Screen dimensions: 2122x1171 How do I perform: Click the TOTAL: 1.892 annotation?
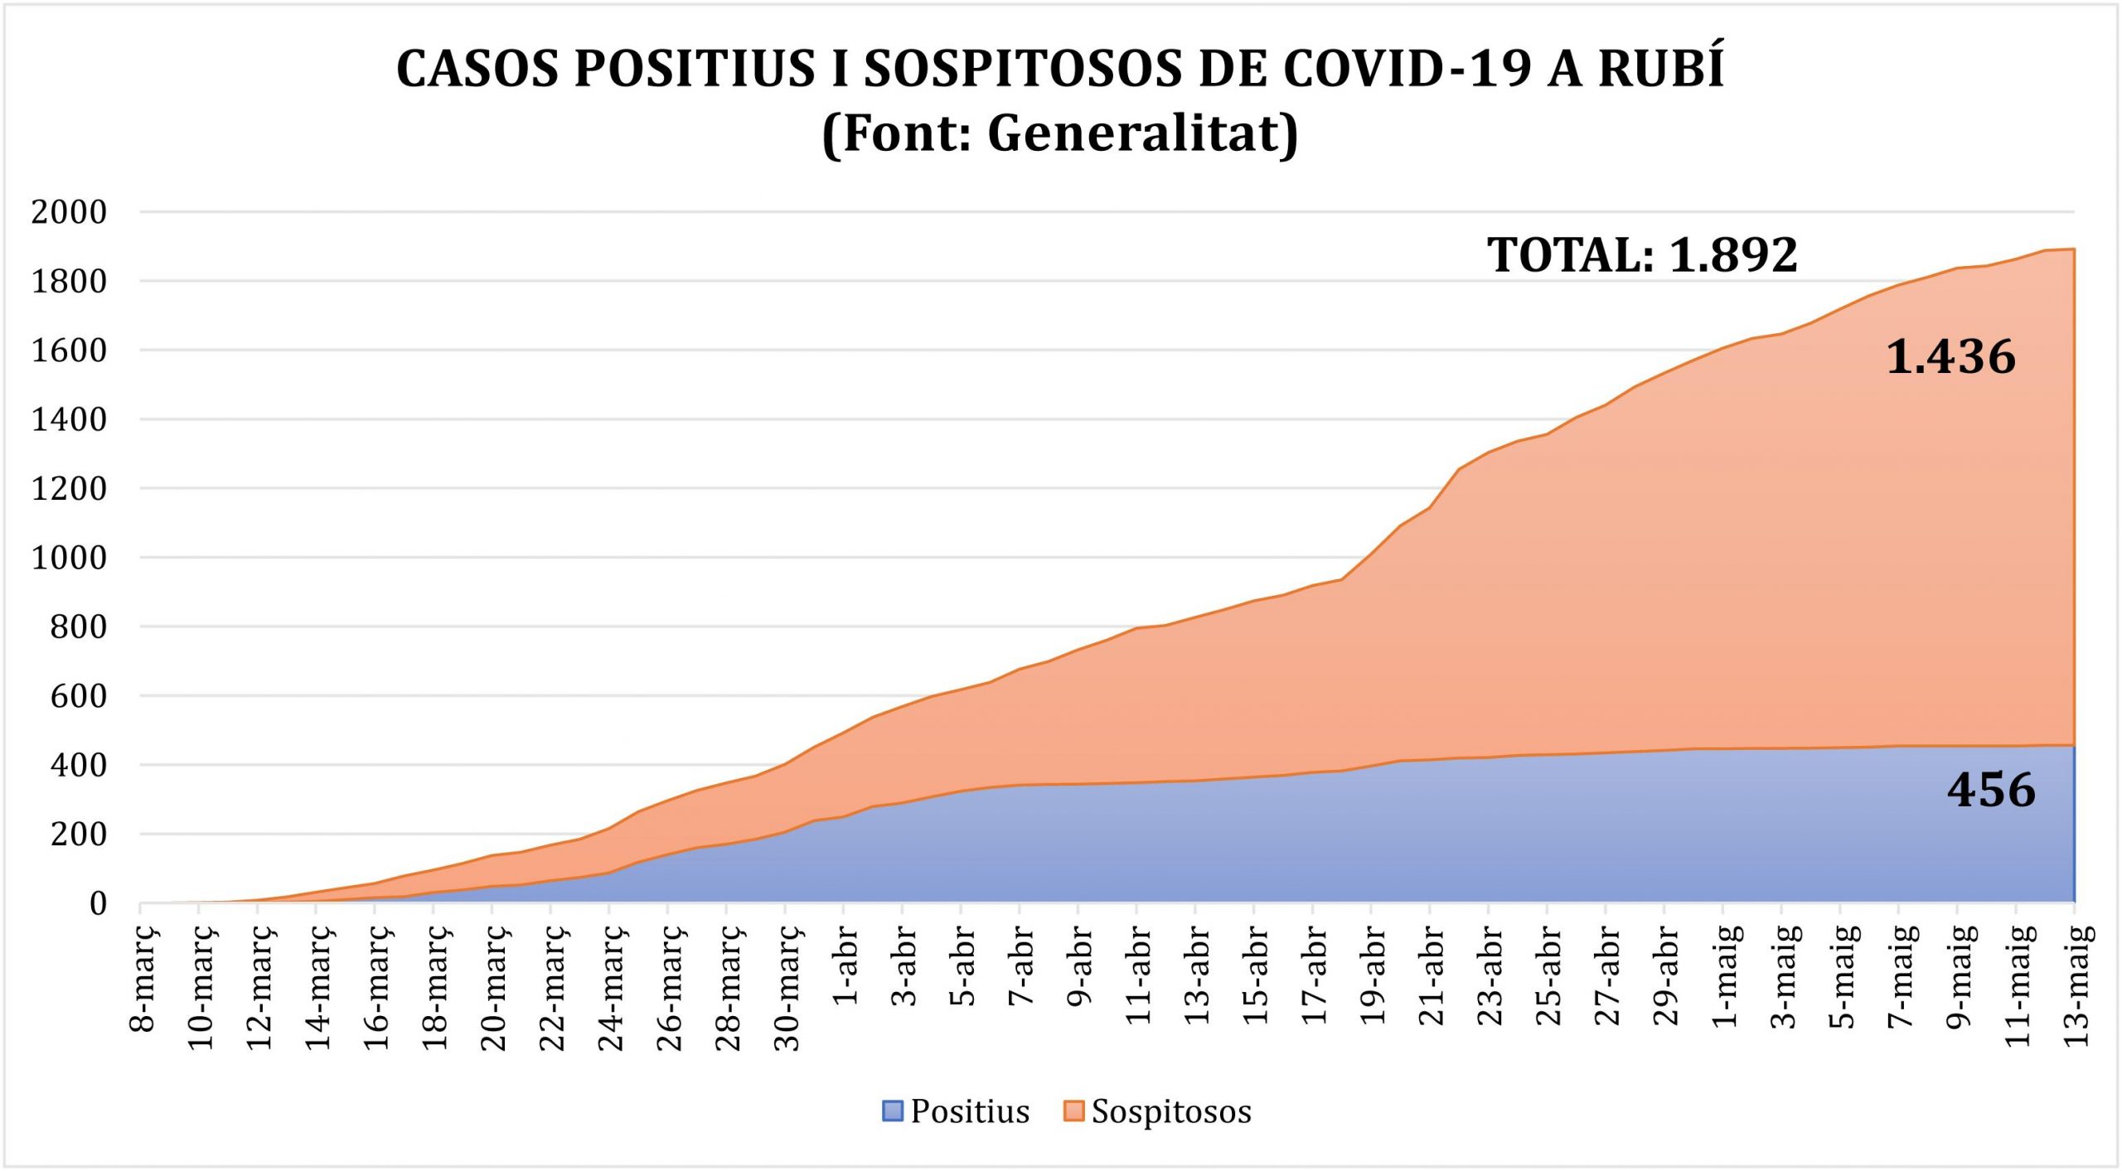pos(1642,254)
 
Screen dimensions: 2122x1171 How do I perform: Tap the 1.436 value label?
pos(1950,357)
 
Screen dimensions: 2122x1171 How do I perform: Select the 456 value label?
pos(1991,790)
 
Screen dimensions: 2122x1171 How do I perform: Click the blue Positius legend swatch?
pos(893,1111)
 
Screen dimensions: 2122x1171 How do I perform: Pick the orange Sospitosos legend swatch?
pos(1073,1111)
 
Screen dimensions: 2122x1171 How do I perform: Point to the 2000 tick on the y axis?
pos(70,212)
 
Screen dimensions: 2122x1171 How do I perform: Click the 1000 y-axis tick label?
pos(70,558)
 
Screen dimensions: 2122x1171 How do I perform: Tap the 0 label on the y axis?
pos(99,903)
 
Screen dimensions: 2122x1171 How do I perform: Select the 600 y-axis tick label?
pos(79,696)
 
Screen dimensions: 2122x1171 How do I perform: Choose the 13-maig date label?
pos(2076,986)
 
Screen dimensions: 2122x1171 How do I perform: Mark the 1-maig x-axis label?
pos(1725,977)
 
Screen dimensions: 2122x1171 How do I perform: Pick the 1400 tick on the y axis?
pos(70,419)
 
